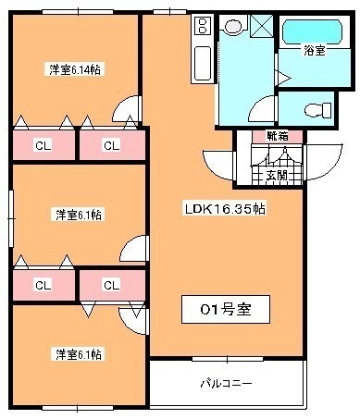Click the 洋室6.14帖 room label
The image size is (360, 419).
point(75,69)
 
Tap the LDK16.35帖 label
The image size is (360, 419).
point(225,209)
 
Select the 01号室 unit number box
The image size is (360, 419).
point(226,309)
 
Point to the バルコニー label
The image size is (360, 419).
point(227,383)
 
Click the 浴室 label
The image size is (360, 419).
point(315,51)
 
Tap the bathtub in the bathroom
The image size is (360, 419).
point(312,32)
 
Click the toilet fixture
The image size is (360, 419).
point(317,110)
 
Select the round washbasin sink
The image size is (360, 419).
point(233,26)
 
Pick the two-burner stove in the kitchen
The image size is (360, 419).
point(203,26)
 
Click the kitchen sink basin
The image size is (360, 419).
point(203,63)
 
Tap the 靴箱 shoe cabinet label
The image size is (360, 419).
point(278,136)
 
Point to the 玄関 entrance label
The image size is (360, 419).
point(277,176)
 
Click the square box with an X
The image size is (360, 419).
point(262,25)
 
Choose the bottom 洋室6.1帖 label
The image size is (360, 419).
point(79,354)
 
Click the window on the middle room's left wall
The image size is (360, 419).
point(11,218)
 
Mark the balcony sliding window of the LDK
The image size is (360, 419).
point(228,359)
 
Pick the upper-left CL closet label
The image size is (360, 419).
point(43,145)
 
